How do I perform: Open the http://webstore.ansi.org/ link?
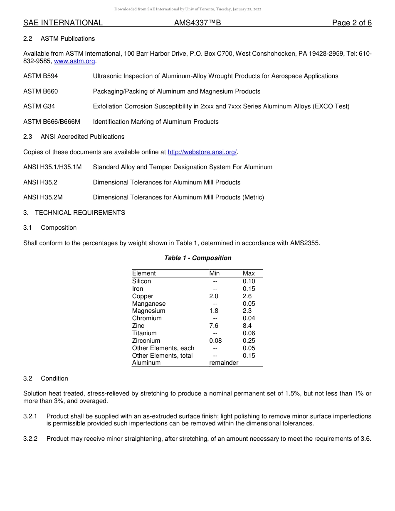(202, 152)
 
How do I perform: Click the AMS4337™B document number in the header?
(197, 23)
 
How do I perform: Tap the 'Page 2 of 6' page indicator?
(352, 23)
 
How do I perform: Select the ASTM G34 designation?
(39, 106)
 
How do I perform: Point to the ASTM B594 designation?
(40, 76)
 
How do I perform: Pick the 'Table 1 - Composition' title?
(197, 258)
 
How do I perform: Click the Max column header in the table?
(249, 273)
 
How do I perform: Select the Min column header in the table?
(215, 273)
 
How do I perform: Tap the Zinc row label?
(138, 326)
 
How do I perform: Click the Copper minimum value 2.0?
(214, 296)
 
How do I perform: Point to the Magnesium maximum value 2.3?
(247, 311)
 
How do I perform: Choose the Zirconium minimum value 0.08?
(215, 341)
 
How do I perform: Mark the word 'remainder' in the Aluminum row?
(224, 363)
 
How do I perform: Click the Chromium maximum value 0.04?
(249, 318)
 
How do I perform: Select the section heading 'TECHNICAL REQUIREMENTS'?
(80, 213)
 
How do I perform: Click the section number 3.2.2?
(30, 439)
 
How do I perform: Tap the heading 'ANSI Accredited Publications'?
(82, 137)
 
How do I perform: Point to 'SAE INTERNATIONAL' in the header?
(63, 23)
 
